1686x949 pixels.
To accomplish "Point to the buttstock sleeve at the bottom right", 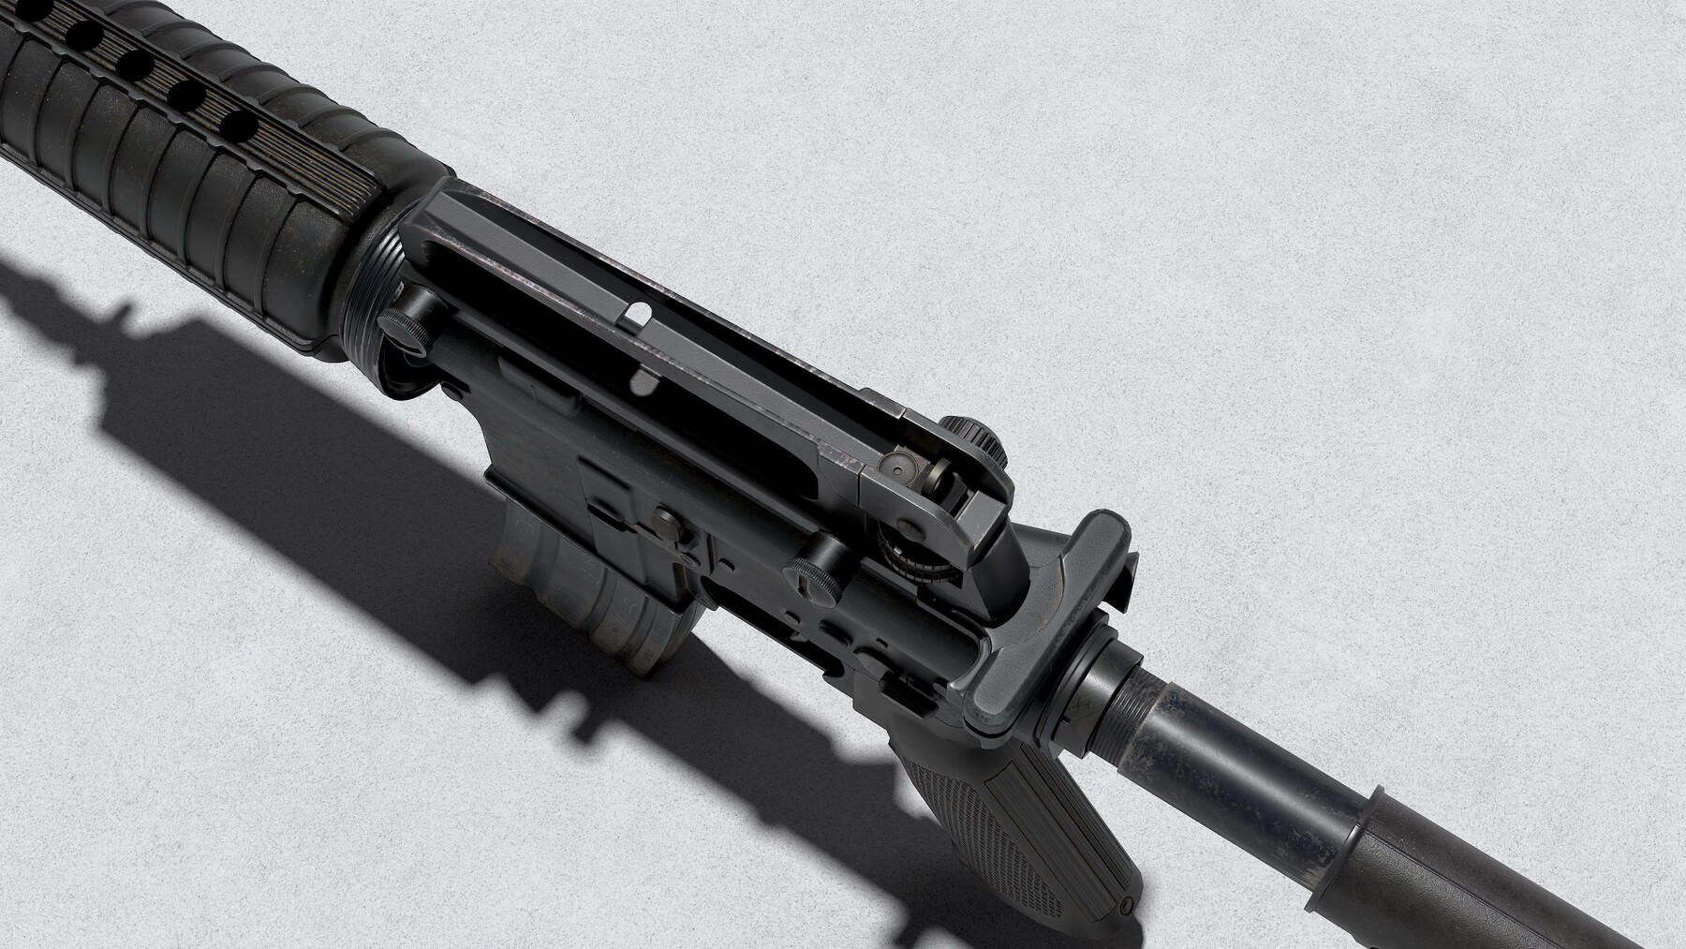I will click(1499, 871).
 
